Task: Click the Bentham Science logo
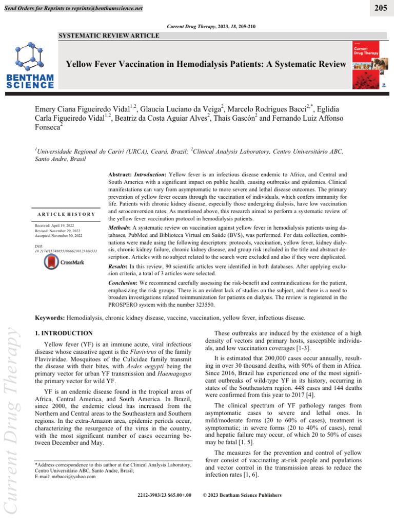(x=30, y=66)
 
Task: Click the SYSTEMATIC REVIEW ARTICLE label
(x=109, y=35)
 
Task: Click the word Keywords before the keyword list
(x=51, y=318)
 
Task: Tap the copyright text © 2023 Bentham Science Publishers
(x=243, y=495)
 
